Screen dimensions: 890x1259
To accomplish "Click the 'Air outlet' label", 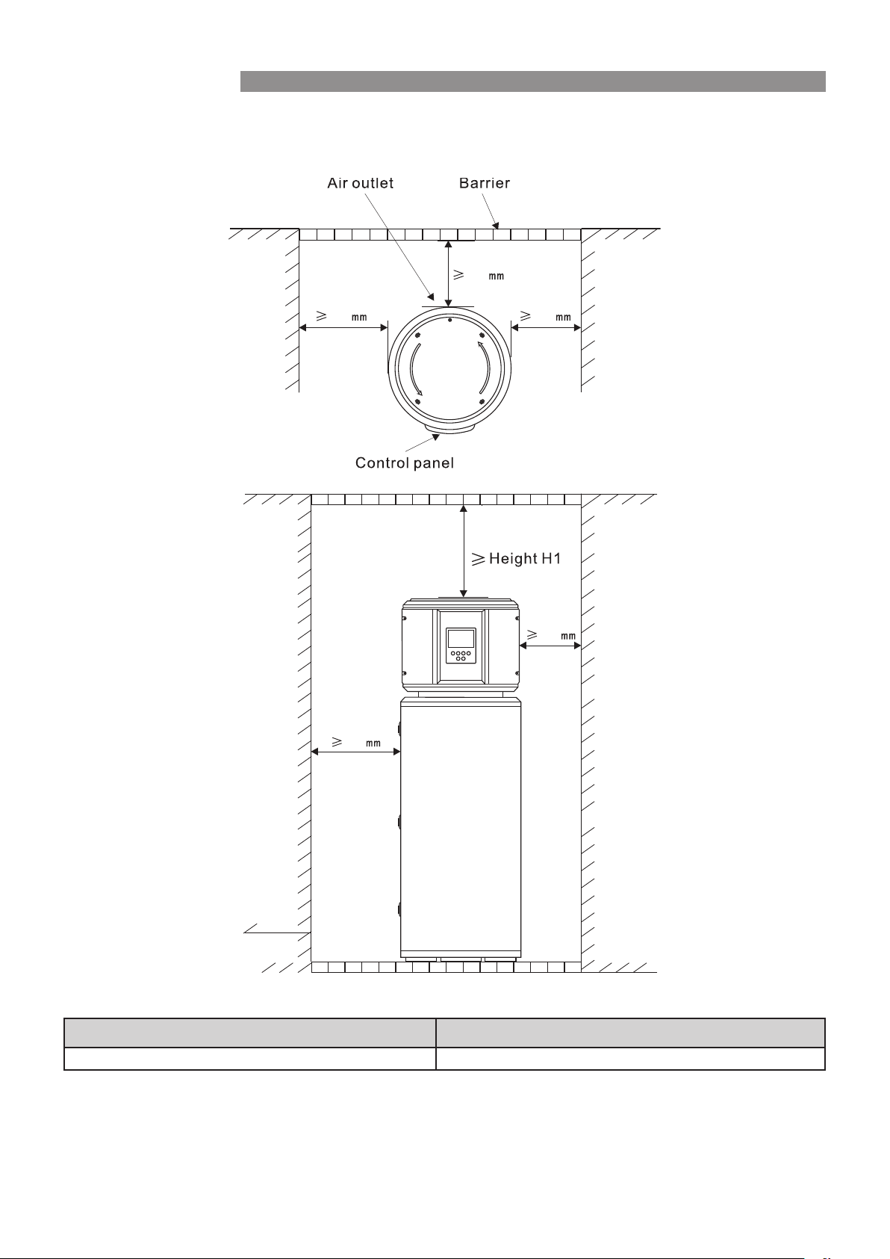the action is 360,183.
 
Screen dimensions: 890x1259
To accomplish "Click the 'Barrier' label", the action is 484,183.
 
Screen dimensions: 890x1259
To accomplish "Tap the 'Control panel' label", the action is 404,463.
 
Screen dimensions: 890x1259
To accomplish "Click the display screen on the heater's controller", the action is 461,639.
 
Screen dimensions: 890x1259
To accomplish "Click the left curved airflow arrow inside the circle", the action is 416,370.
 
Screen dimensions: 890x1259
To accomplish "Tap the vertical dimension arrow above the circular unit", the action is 448,273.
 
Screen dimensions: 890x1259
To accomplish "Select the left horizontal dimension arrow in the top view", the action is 343,328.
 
